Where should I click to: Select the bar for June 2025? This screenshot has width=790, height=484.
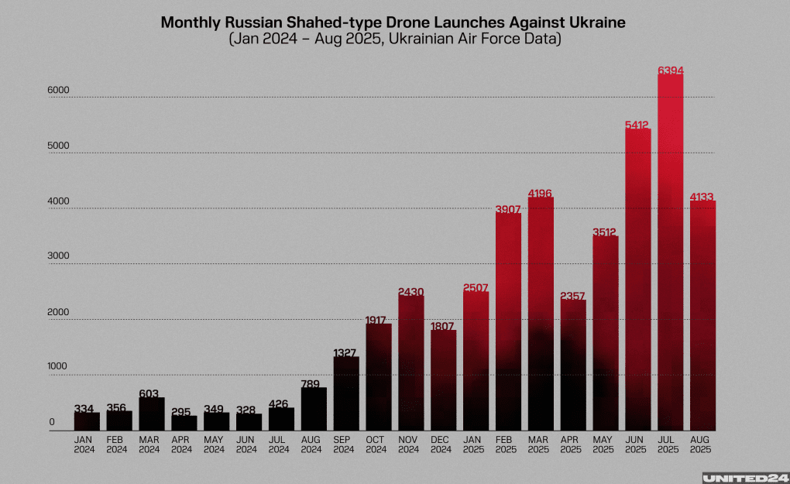pyautogui.click(x=637, y=279)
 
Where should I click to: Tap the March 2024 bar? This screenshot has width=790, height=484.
pyautogui.click(x=152, y=414)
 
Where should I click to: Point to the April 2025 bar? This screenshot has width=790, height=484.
pyautogui.click(x=573, y=364)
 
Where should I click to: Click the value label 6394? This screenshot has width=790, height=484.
pyautogui.click(x=671, y=70)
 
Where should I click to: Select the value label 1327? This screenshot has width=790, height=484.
pyautogui.click(x=346, y=353)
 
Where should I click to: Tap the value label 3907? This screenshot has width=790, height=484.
pyautogui.click(x=508, y=209)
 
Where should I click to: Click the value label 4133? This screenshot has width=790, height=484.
pyautogui.click(x=703, y=197)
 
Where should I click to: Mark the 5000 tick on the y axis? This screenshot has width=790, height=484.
pyautogui.click(x=60, y=146)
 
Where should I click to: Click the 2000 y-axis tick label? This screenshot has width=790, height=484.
pyautogui.click(x=60, y=312)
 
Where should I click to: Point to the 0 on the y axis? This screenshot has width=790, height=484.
pyautogui.click(x=52, y=423)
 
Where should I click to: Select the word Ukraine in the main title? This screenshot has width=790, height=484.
pyautogui.click(x=596, y=22)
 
